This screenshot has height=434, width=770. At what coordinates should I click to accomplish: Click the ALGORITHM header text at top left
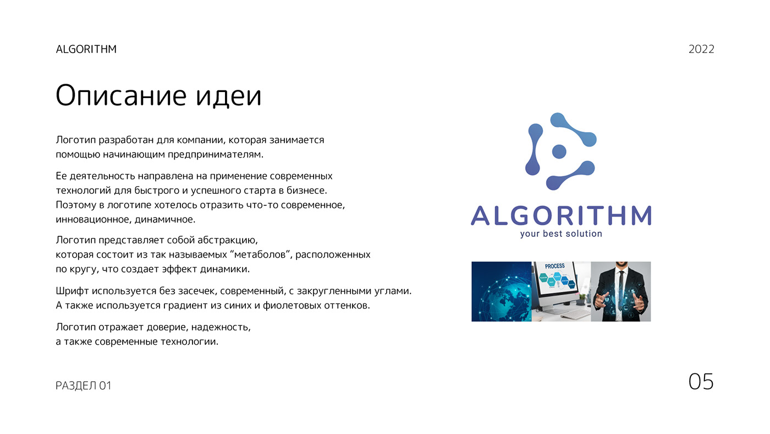(86, 49)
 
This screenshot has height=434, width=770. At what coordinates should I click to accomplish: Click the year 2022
(701, 49)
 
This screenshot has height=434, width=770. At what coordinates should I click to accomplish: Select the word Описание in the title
(121, 96)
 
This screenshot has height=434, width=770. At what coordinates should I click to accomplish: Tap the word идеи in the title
(229, 96)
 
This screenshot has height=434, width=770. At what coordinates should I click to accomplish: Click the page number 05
(701, 381)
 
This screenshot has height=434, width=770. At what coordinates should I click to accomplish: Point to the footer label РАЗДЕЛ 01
(84, 386)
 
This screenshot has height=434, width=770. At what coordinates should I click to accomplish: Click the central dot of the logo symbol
(559, 151)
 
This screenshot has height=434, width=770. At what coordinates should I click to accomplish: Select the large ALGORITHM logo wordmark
(561, 215)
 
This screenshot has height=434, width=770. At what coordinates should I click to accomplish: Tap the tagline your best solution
(561, 234)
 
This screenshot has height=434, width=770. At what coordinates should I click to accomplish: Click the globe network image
(501, 291)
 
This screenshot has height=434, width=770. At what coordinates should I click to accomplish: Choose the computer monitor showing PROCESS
(556, 280)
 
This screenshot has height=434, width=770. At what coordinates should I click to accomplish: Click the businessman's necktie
(621, 292)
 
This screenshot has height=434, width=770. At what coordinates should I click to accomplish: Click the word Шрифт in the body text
(72, 291)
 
